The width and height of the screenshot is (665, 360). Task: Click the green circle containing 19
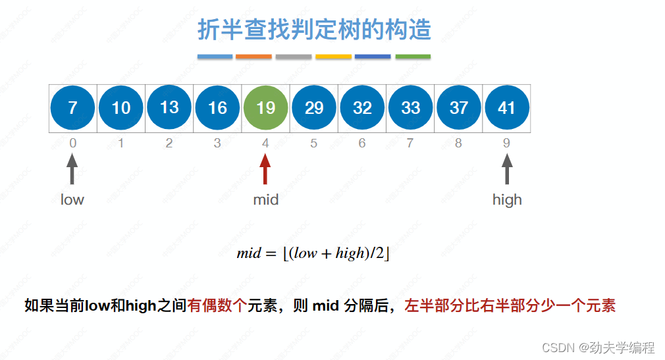pyautogui.click(x=265, y=107)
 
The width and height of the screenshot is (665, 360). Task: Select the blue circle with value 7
pyautogui.click(x=72, y=107)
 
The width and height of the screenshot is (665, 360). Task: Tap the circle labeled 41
pyautogui.click(x=507, y=107)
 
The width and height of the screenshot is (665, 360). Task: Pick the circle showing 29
pyautogui.click(x=314, y=107)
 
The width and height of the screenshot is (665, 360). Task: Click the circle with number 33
pyautogui.click(x=410, y=107)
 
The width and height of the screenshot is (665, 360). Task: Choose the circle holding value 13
pyautogui.click(x=169, y=107)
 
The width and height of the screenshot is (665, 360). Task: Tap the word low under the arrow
pyautogui.click(x=72, y=199)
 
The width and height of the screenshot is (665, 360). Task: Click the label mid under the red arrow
pyautogui.click(x=266, y=199)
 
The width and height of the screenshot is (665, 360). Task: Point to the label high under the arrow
pyautogui.click(x=507, y=199)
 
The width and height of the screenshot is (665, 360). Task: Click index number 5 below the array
pyautogui.click(x=313, y=143)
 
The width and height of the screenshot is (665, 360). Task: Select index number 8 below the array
pyautogui.click(x=458, y=143)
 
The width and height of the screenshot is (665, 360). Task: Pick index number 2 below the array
pyautogui.click(x=169, y=143)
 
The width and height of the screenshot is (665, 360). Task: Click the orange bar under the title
pyautogui.click(x=253, y=57)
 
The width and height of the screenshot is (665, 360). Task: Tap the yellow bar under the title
pyautogui.click(x=333, y=57)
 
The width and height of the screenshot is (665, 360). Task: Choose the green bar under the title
pyautogui.click(x=413, y=57)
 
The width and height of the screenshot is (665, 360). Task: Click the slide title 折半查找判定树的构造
pyautogui.click(x=314, y=30)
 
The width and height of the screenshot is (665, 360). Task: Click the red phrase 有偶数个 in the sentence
pyautogui.click(x=217, y=305)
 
